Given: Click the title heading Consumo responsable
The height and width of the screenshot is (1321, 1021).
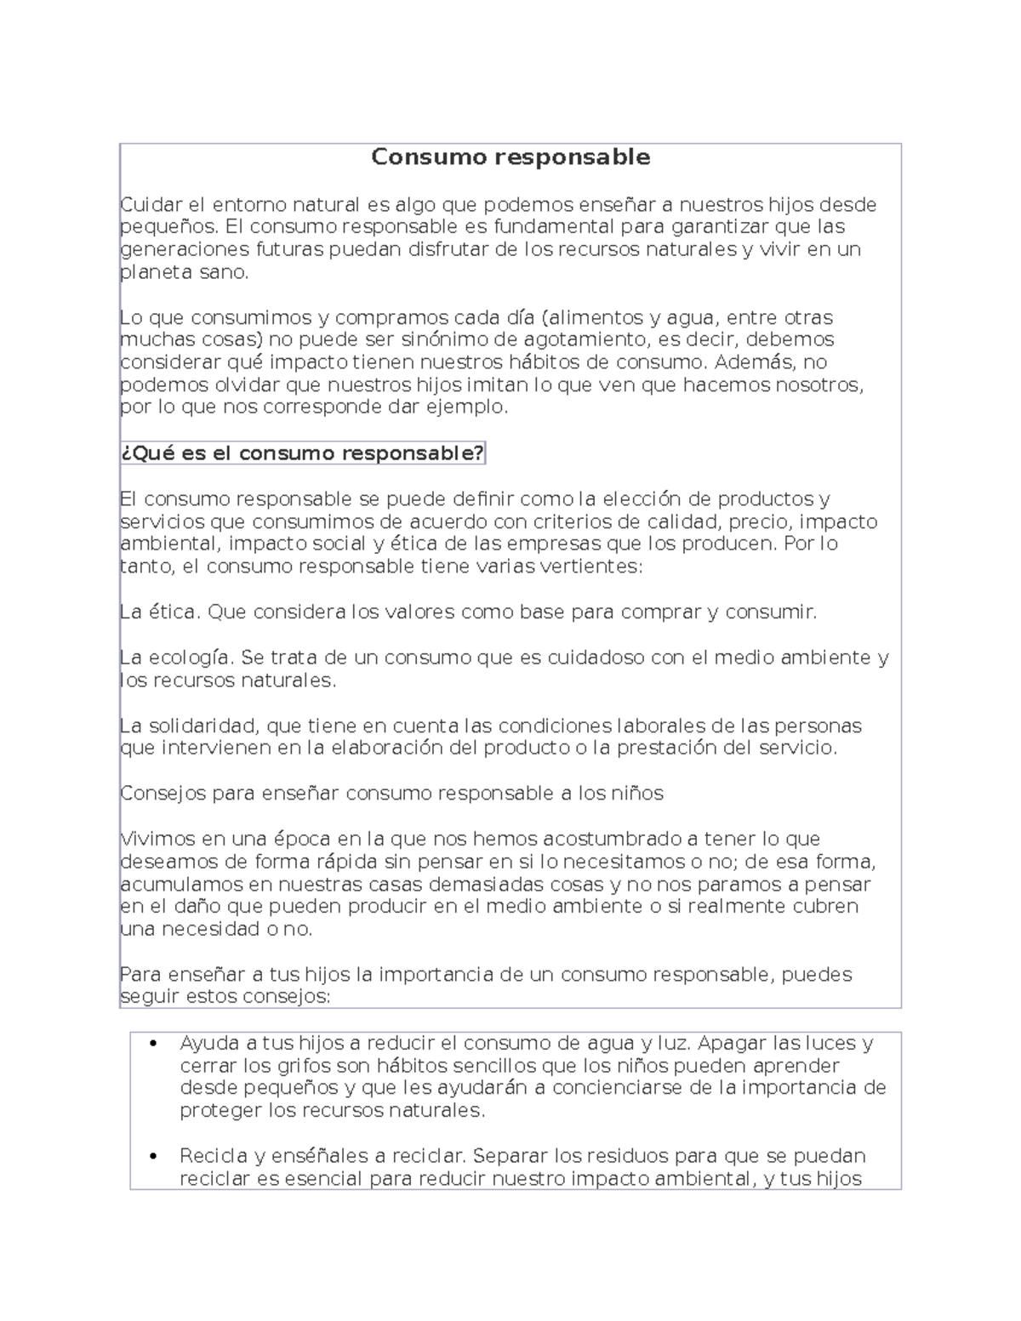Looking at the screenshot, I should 510,157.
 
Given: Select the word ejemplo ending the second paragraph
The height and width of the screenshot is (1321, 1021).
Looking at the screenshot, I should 469,407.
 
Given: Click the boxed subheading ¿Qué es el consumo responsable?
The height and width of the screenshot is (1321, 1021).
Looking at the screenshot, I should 302,453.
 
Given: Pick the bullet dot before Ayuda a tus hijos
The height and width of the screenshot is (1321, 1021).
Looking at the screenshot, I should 153,1044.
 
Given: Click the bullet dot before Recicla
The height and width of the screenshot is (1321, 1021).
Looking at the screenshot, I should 153,1157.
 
